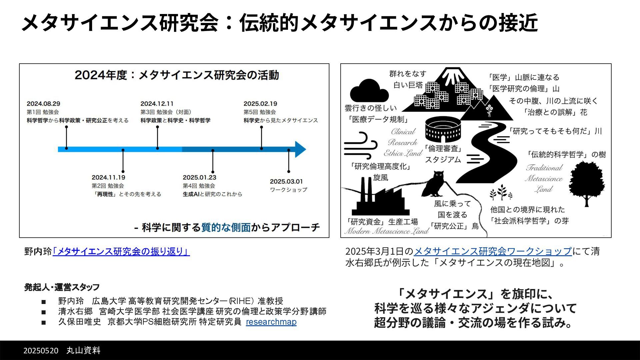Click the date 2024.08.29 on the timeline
pyautogui.click(x=43, y=104)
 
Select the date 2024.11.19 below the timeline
pyautogui.click(x=108, y=177)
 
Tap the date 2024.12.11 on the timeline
pyautogui.click(x=157, y=104)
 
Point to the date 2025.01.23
pyautogui.click(x=199, y=177)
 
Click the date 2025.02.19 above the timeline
pyautogui.click(x=260, y=104)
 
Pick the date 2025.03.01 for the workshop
pyautogui.click(x=286, y=181)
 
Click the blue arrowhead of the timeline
pyautogui.click(x=300, y=149)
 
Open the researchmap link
pyautogui.click(x=271, y=322)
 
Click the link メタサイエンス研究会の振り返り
pyautogui.click(x=121, y=251)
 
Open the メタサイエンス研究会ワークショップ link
pyautogui.click(x=493, y=251)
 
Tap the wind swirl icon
pyautogui.click(x=360, y=146)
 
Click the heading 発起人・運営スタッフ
pyautogui.click(x=62, y=287)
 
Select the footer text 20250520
pyautogui.click(x=41, y=350)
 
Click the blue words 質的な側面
pyautogui.click(x=226, y=227)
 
